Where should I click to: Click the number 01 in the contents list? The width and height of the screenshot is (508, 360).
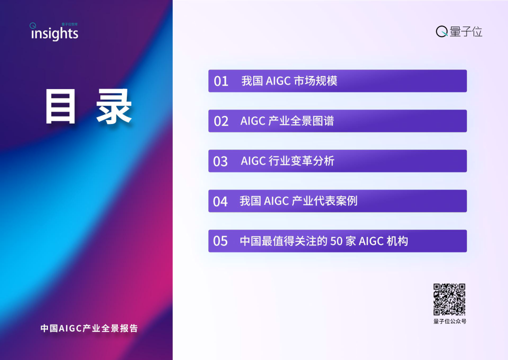221,81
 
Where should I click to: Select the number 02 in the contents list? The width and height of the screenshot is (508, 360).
221,121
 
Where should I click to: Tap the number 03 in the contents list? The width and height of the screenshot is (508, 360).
220,161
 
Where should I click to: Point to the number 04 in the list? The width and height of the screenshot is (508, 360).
220,201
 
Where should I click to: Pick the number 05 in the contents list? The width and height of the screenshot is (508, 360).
220,241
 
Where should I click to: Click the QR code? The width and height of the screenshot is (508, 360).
449,299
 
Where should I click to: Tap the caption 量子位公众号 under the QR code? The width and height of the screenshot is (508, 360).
450,321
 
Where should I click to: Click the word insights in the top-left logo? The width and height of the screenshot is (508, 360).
54,34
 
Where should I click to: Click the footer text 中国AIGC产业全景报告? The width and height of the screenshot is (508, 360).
89,328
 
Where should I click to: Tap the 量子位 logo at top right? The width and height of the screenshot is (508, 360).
459,32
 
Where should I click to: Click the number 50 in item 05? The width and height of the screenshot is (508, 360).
337,241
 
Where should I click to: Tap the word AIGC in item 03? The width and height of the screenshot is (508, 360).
253,161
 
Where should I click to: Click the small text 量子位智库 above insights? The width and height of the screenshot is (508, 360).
69,23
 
